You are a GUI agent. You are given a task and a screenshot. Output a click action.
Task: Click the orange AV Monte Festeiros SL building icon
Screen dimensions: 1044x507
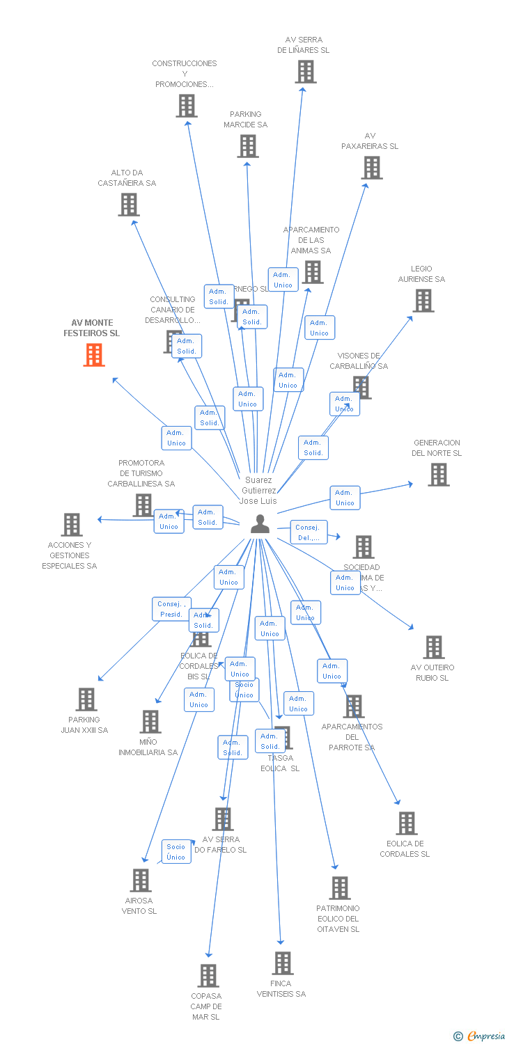94,355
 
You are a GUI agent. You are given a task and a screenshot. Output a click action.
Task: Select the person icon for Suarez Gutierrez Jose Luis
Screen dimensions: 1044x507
260,524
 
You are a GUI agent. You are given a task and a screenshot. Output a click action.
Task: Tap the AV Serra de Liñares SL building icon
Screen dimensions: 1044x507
305,72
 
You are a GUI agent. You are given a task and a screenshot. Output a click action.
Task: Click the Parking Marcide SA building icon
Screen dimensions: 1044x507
248,146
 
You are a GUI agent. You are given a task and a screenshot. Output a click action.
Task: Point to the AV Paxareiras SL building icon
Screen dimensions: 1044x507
372,168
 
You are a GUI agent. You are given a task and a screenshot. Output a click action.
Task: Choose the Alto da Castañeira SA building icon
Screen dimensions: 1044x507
129,205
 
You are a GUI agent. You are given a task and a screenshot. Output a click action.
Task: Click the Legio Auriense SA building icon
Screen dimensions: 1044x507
423,301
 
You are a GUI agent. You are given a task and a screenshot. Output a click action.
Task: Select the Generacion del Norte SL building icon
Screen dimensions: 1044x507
438,475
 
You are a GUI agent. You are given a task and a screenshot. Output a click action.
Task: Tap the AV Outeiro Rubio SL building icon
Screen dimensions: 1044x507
433,647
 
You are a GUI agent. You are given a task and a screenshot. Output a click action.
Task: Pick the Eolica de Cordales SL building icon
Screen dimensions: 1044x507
407,823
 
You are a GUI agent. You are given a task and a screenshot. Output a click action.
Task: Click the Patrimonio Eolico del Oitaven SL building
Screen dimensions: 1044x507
340,888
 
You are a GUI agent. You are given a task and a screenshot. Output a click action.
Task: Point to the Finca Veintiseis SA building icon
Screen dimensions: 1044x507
282,963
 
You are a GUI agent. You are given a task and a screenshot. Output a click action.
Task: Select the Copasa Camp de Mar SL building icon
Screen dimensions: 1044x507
208,976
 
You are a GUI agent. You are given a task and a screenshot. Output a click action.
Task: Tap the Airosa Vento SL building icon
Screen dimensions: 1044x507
141,880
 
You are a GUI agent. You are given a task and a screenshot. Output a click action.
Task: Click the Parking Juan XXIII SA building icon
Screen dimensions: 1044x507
86,699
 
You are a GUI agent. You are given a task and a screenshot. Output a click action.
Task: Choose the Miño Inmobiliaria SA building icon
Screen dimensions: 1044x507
150,722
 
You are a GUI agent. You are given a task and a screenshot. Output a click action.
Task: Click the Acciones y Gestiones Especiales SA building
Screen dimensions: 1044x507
72,525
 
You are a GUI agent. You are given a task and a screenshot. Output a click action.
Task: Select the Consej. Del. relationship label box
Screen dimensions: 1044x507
308,532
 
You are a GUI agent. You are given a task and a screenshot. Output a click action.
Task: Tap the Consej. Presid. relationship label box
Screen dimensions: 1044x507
171,609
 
